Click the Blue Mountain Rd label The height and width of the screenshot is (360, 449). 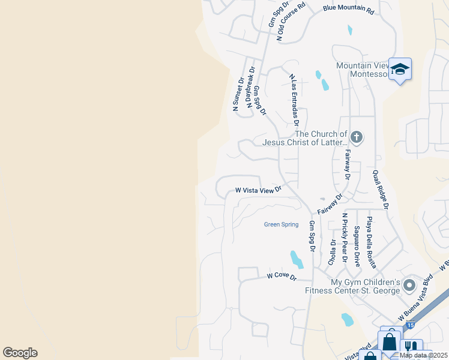[348, 10]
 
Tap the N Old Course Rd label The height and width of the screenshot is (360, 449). [291, 20]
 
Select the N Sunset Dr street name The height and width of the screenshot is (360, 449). [238, 94]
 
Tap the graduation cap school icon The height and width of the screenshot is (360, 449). [399, 70]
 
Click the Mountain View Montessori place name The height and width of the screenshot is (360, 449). [364, 70]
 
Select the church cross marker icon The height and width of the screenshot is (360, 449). [357, 137]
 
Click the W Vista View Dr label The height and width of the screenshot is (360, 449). [258, 190]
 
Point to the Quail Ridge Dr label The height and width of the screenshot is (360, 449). [381, 189]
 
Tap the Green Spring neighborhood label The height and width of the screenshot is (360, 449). [281, 224]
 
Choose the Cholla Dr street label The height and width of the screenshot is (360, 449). [332, 252]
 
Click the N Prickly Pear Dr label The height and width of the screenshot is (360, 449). [345, 238]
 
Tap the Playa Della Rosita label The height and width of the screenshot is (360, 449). [372, 242]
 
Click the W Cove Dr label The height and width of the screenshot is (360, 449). [282, 277]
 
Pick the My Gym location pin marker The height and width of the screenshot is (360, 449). [410, 284]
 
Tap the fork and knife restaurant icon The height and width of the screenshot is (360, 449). [411, 347]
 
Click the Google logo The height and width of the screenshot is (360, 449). [20, 353]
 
